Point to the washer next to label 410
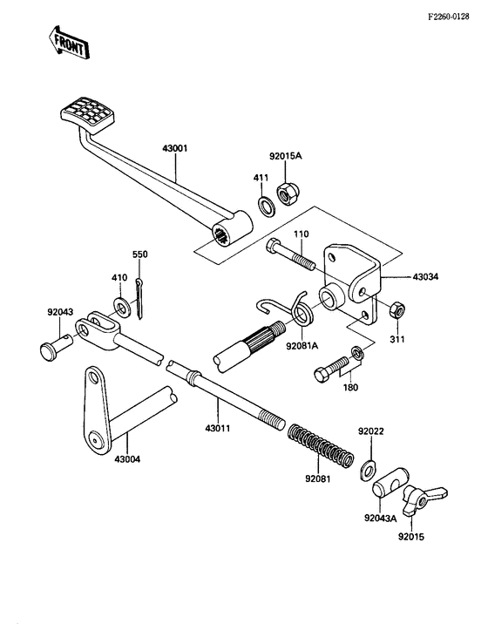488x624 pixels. click(x=120, y=306)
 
